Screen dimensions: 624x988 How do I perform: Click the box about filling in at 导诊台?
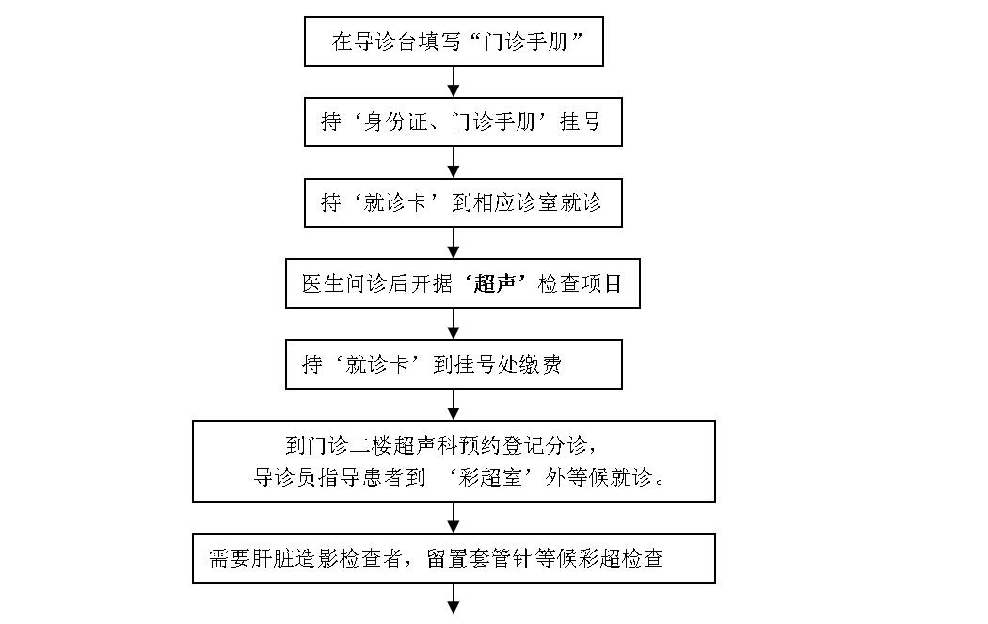[453, 41]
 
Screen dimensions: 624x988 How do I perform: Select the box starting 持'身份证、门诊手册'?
[463, 122]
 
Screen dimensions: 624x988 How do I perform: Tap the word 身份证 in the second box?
[402, 122]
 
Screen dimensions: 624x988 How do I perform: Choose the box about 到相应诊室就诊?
[463, 203]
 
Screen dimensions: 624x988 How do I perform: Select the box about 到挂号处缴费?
[454, 365]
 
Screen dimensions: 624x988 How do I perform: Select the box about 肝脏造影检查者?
[454, 558]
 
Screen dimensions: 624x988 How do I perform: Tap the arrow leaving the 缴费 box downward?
[454, 405]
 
